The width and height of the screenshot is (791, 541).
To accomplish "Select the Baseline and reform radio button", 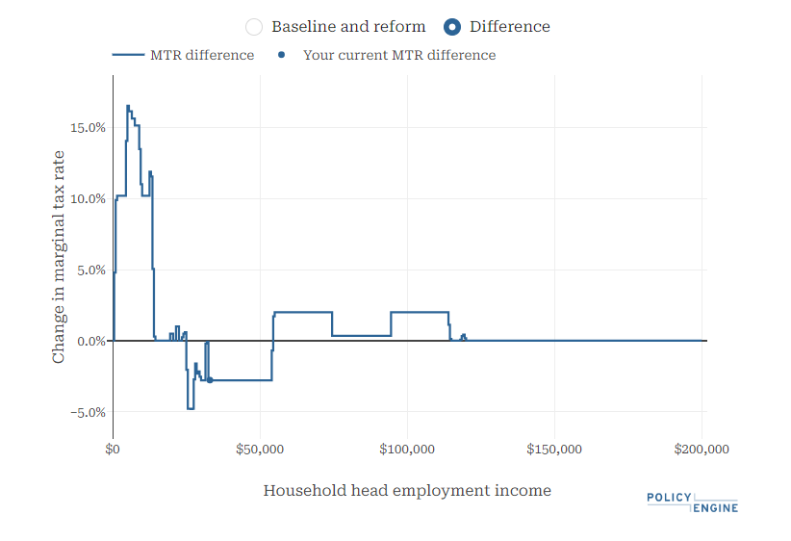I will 254,27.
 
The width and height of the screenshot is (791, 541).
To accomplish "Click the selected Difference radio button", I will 452,27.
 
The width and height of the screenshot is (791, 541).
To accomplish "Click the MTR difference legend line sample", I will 127,55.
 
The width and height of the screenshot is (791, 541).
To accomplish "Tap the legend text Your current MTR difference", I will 399,55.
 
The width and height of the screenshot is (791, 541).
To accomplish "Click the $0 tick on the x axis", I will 113,450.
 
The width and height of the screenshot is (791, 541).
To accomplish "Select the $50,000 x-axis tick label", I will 260,450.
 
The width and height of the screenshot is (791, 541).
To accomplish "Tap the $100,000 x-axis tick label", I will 407,450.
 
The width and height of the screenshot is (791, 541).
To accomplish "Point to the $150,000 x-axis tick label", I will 554,450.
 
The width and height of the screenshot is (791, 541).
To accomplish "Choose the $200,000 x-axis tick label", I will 702,450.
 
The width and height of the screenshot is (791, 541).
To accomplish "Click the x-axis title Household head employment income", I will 407,491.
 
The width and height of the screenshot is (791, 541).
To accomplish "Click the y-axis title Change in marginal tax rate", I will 59,256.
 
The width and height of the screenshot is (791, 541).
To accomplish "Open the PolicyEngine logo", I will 693,502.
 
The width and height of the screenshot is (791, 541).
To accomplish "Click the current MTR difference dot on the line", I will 210,380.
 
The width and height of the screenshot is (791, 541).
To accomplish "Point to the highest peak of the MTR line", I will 128,106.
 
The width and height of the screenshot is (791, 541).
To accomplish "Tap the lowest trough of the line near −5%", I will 191,409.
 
